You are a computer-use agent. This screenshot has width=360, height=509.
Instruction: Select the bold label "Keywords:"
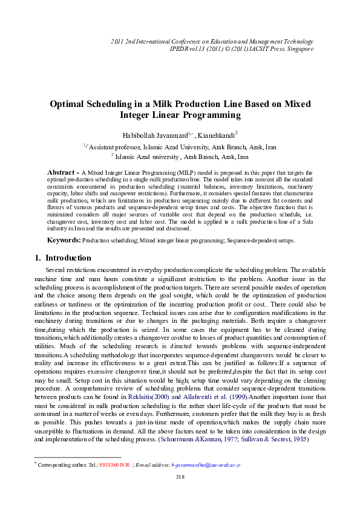64,241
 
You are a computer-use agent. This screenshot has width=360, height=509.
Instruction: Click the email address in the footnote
206,465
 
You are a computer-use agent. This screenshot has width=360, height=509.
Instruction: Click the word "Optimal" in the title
70,104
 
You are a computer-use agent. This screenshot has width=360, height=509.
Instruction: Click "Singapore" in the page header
299,48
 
